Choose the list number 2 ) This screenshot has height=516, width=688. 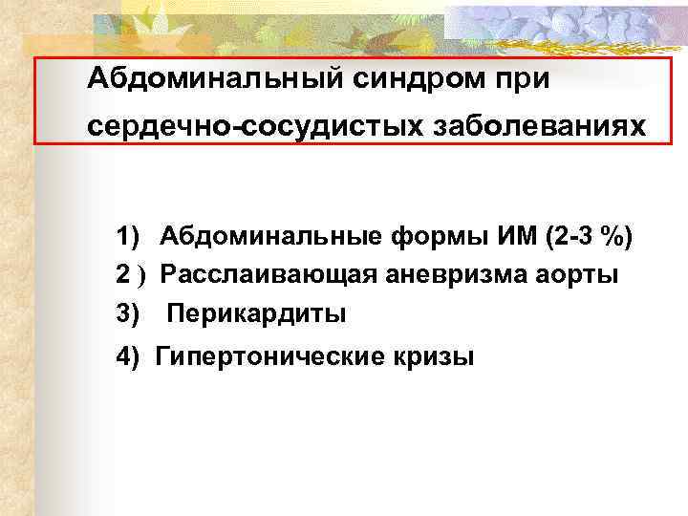click(129, 275)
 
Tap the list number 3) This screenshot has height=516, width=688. click(129, 313)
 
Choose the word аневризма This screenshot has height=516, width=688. click(449, 275)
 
